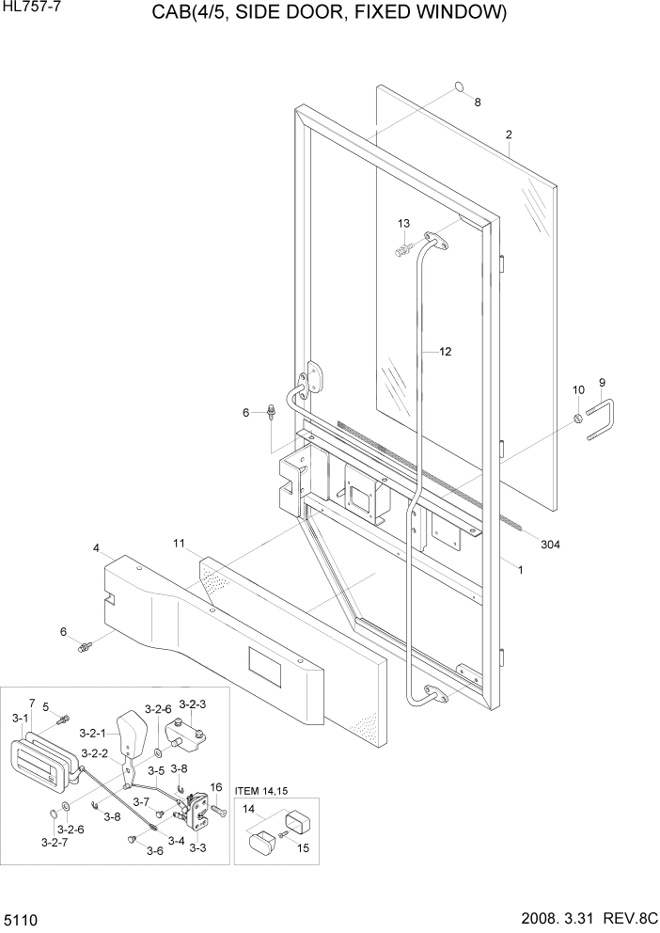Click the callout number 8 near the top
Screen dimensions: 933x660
(x=477, y=103)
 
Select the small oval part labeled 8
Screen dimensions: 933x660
(x=458, y=87)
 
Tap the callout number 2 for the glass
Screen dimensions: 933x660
(x=509, y=134)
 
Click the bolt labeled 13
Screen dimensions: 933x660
(x=404, y=249)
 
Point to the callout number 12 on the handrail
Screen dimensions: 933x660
(x=445, y=352)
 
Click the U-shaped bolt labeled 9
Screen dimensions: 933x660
(x=601, y=419)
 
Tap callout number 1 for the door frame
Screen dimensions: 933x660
(x=520, y=569)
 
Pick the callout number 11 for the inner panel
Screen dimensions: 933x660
(x=180, y=543)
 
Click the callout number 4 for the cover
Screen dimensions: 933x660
(x=96, y=547)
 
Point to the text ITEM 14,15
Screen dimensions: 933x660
(x=259, y=791)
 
